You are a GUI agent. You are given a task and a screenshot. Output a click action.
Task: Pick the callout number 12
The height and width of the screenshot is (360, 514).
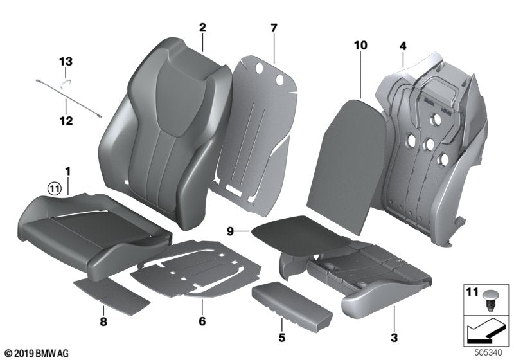tap(67, 120)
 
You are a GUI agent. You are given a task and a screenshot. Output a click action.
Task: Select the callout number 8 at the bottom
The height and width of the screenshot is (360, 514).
tap(103, 319)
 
